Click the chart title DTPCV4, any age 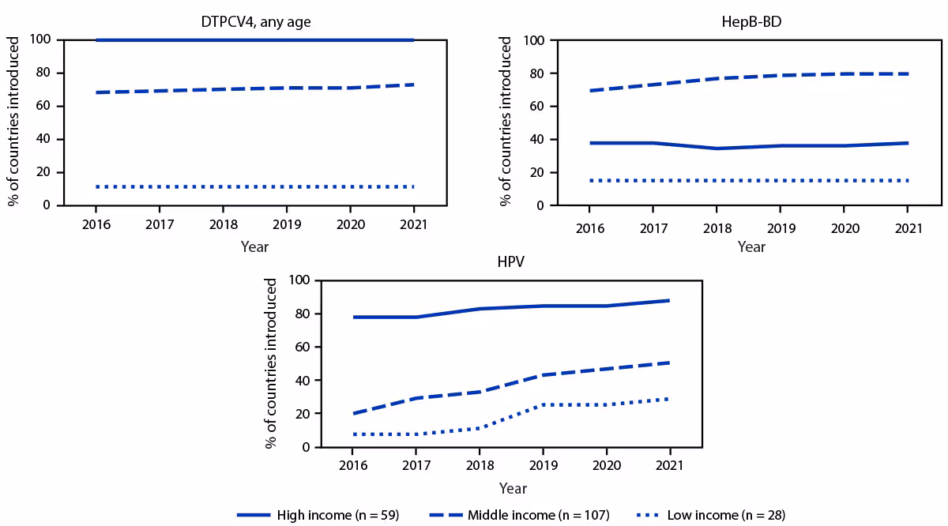point(254,22)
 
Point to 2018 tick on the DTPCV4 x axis point(222,224)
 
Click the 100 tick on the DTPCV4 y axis point(42,39)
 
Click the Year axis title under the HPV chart point(513,489)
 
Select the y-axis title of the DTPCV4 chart point(14,122)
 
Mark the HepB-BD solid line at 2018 point(717,148)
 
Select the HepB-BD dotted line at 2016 point(589,181)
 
